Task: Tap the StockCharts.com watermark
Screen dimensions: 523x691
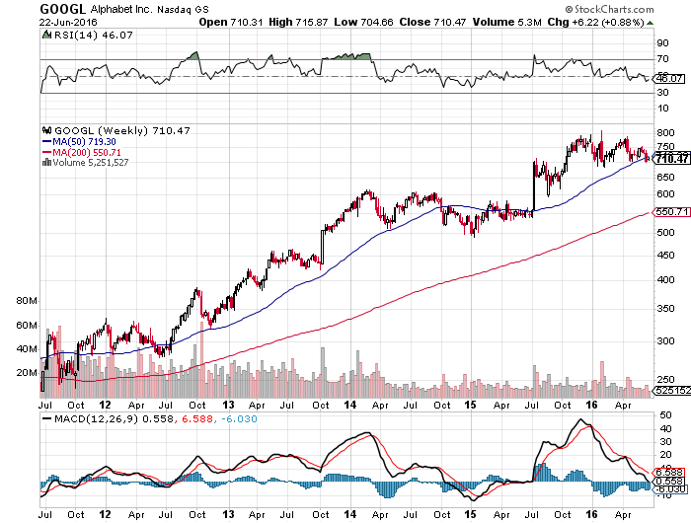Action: coord(638,10)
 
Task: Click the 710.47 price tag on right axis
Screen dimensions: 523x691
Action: coord(671,158)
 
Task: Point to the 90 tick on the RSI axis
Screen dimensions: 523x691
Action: coord(662,43)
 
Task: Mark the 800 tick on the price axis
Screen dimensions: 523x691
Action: coord(665,132)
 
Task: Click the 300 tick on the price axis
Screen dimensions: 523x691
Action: coord(665,341)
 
